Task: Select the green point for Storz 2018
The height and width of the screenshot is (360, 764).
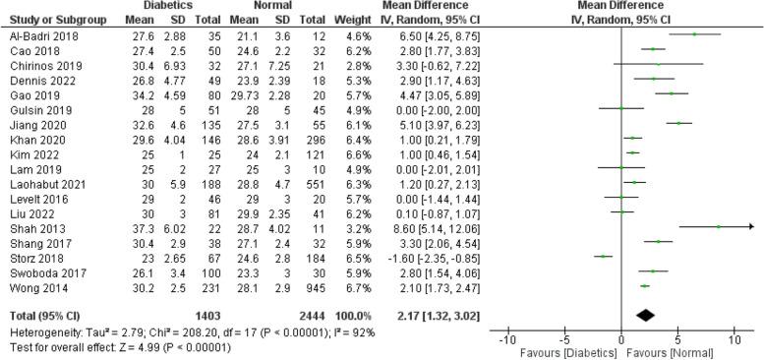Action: [603, 258]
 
